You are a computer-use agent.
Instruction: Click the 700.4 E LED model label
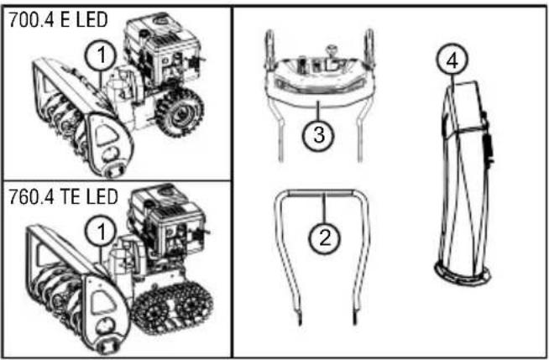tap(58, 20)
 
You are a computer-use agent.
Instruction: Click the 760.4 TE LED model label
tap(63, 197)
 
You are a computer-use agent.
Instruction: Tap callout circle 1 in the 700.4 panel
tap(102, 55)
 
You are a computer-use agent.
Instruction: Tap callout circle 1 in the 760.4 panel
tap(102, 232)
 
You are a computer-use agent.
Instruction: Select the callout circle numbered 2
tap(325, 237)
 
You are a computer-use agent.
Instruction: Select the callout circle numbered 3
tap(318, 135)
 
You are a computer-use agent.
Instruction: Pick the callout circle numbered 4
tap(452, 60)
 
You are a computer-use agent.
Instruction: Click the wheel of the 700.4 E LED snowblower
tap(180, 112)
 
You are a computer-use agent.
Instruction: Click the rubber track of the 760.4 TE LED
tap(174, 308)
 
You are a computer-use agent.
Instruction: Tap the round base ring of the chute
tap(463, 275)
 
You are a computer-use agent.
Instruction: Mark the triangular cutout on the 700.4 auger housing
tap(106, 135)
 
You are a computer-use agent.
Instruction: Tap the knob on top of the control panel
tap(332, 51)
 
